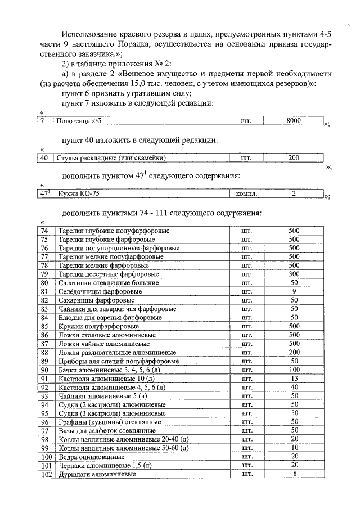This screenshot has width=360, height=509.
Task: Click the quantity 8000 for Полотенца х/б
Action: (294, 121)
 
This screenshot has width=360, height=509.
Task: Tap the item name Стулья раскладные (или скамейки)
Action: (112, 158)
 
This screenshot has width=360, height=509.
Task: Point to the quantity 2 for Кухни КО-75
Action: (294, 194)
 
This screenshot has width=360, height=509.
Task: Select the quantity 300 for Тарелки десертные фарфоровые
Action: (294, 274)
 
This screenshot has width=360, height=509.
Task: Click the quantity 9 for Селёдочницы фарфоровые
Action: (294, 291)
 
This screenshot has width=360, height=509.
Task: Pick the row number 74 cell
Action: (45, 231)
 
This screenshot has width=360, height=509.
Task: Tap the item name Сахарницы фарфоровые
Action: (93, 300)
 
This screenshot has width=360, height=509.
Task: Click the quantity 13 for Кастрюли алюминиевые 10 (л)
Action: (294, 379)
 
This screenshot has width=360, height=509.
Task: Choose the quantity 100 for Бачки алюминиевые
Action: (294, 370)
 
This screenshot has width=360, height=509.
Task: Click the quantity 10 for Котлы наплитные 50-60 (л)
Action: (294, 448)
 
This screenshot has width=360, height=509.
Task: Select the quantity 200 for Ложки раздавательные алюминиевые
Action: (294, 352)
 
